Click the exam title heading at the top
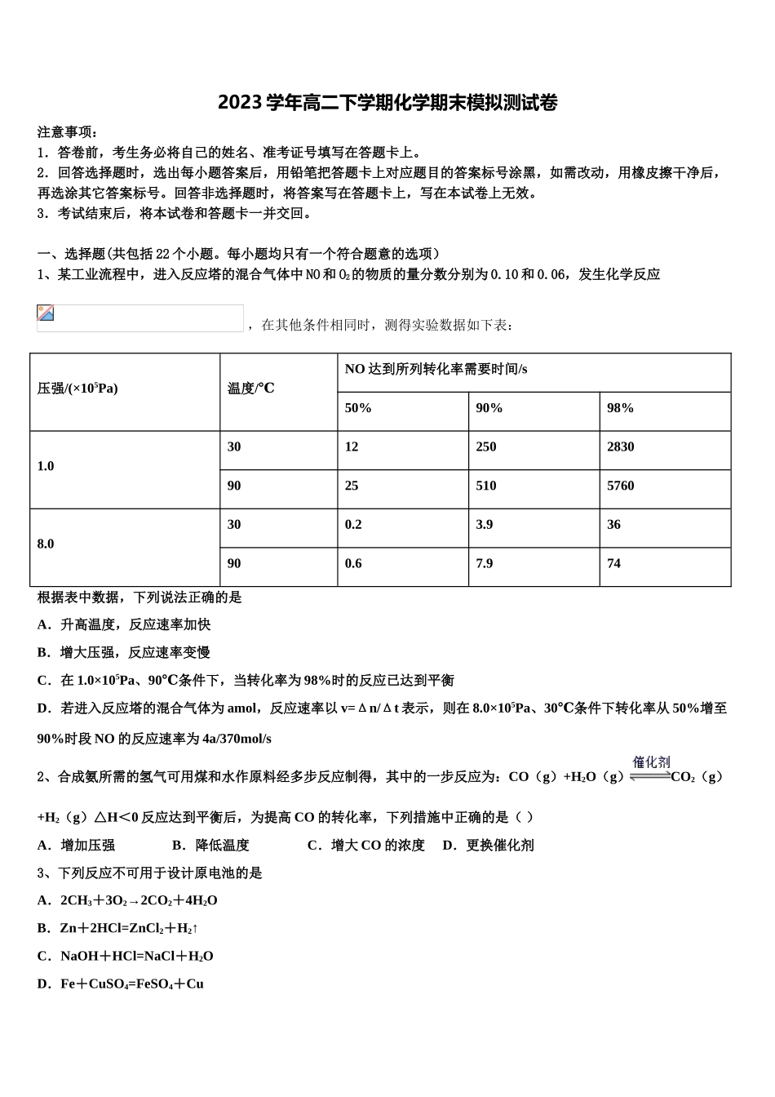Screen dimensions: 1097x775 [387, 103]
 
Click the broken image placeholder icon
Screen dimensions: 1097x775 [46, 313]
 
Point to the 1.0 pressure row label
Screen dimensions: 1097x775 [46, 466]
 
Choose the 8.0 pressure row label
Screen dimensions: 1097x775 [46, 544]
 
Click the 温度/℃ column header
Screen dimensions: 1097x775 [251, 389]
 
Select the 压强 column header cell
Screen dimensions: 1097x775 [77, 389]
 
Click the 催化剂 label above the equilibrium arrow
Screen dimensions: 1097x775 [651, 762]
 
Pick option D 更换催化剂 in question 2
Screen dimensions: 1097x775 [488, 846]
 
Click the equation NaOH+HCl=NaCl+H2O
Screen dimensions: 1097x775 [136, 956]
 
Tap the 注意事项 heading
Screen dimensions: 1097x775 [68, 131]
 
